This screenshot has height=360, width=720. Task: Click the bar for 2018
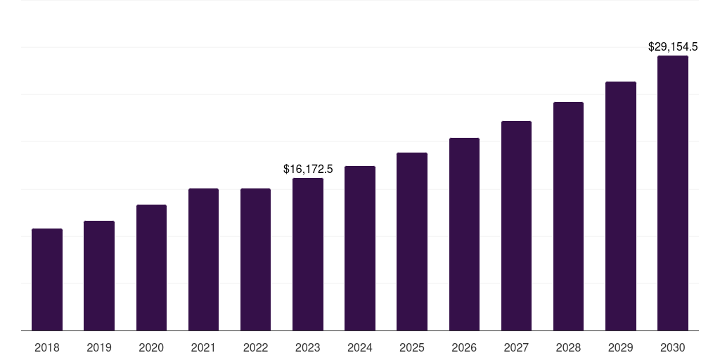[47, 279]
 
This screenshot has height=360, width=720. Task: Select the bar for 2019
[99, 276]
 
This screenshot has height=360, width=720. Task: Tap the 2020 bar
[151, 267]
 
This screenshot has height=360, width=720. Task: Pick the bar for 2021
[203, 259]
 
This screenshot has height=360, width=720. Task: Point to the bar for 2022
[255, 259]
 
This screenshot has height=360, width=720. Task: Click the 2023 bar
[308, 254]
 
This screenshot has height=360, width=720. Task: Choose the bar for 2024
[360, 248]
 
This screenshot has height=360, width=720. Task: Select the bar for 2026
[464, 234]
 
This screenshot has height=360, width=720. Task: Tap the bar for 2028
[568, 216]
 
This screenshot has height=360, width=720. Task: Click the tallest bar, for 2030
[673, 193]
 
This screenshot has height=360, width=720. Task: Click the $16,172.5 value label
[308, 169]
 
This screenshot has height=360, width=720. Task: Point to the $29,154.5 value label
[673, 47]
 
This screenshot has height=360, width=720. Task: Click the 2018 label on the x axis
[47, 347]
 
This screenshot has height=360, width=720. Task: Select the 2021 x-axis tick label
[203, 347]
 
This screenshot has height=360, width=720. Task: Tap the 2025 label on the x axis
[412, 347]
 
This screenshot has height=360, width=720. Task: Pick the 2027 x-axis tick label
[516, 347]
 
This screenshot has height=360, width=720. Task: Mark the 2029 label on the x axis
[620, 347]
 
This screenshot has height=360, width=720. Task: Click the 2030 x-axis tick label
[673, 347]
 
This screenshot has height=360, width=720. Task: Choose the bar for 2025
[412, 241]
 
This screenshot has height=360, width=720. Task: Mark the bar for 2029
[620, 206]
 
